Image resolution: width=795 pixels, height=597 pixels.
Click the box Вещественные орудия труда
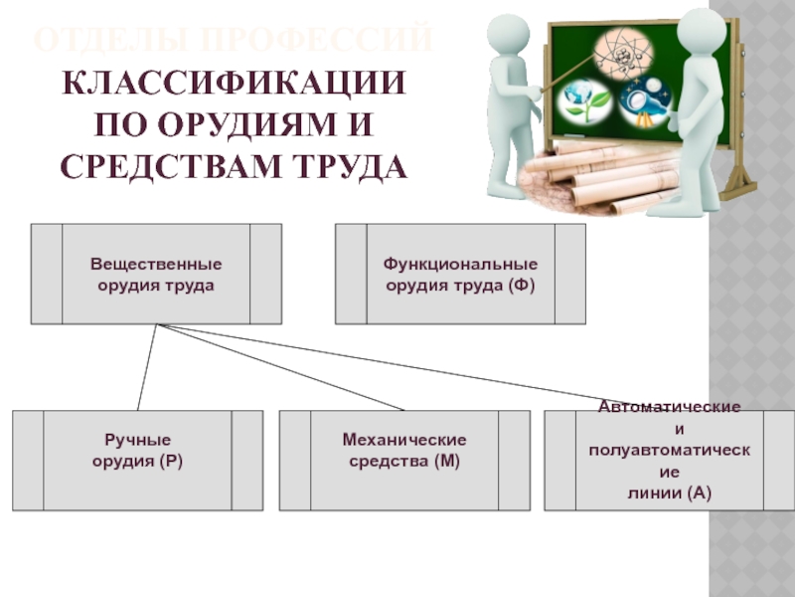pos(156,274)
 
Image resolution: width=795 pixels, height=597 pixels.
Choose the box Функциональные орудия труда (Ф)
pos(460,274)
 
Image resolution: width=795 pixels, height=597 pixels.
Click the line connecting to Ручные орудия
pos(146,367)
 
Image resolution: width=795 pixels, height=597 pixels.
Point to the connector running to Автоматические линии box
pos(397,367)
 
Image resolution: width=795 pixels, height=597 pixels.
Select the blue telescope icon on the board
pos(644,100)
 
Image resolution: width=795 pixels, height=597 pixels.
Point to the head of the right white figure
pos(696,28)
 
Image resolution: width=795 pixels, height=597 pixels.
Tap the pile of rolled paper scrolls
pos(596,174)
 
